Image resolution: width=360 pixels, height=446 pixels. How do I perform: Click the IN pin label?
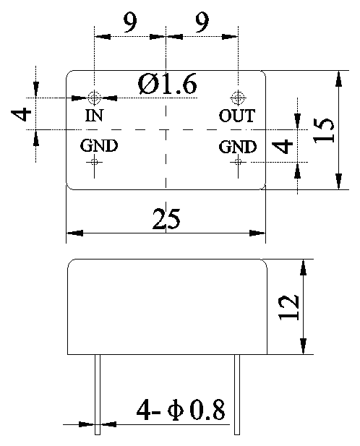tap(94, 116)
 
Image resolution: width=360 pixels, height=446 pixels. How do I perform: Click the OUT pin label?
tap(237, 116)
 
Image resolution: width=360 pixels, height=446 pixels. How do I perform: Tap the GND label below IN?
tap(98, 145)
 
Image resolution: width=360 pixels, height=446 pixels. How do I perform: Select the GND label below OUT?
tap(238, 147)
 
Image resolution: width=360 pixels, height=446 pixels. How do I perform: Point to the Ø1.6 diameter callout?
tap(167, 84)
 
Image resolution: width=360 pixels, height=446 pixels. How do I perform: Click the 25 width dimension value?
tap(166, 219)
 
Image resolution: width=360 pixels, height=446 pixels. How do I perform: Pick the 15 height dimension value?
tap(324, 130)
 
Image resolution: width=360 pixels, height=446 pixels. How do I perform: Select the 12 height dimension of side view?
tap(289, 307)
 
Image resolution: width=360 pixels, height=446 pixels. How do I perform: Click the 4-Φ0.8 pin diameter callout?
tap(181, 410)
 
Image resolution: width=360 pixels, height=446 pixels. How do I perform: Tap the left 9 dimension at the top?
tap(130, 22)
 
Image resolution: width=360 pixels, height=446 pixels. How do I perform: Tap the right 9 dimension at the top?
tap(202, 22)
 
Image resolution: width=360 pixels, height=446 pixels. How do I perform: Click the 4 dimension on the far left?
tap(21, 113)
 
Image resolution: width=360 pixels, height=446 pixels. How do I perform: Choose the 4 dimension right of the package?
tap(282, 146)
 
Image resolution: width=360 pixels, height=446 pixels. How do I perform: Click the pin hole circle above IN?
tap(94, 98)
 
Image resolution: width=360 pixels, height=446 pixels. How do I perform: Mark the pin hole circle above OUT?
tap(238, 98)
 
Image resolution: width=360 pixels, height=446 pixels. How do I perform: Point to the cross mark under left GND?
tap(94, 162)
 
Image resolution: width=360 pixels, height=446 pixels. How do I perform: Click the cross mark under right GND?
tap(238, 162)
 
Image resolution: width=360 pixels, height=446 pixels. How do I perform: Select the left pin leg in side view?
tap(98, 395)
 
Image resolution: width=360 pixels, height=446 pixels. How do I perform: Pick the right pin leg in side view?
tap(237, 395)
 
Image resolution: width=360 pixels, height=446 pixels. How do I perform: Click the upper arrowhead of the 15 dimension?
tap(338, 79)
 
